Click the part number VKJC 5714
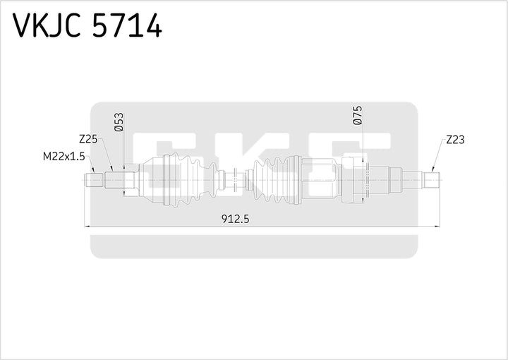[87, 26]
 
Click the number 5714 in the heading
[128, 26]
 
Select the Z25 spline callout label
[88, 140]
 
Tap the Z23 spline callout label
[455, 140]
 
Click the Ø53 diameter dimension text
[119, 121]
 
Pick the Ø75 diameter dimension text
[357, 116]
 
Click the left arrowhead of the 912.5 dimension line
[87, 227]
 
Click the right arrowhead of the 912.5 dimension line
[435, 227]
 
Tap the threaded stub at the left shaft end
[94, 180]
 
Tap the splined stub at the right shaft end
[431, 180]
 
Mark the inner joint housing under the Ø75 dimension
[355, 181]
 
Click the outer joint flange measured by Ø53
[130, 180]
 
